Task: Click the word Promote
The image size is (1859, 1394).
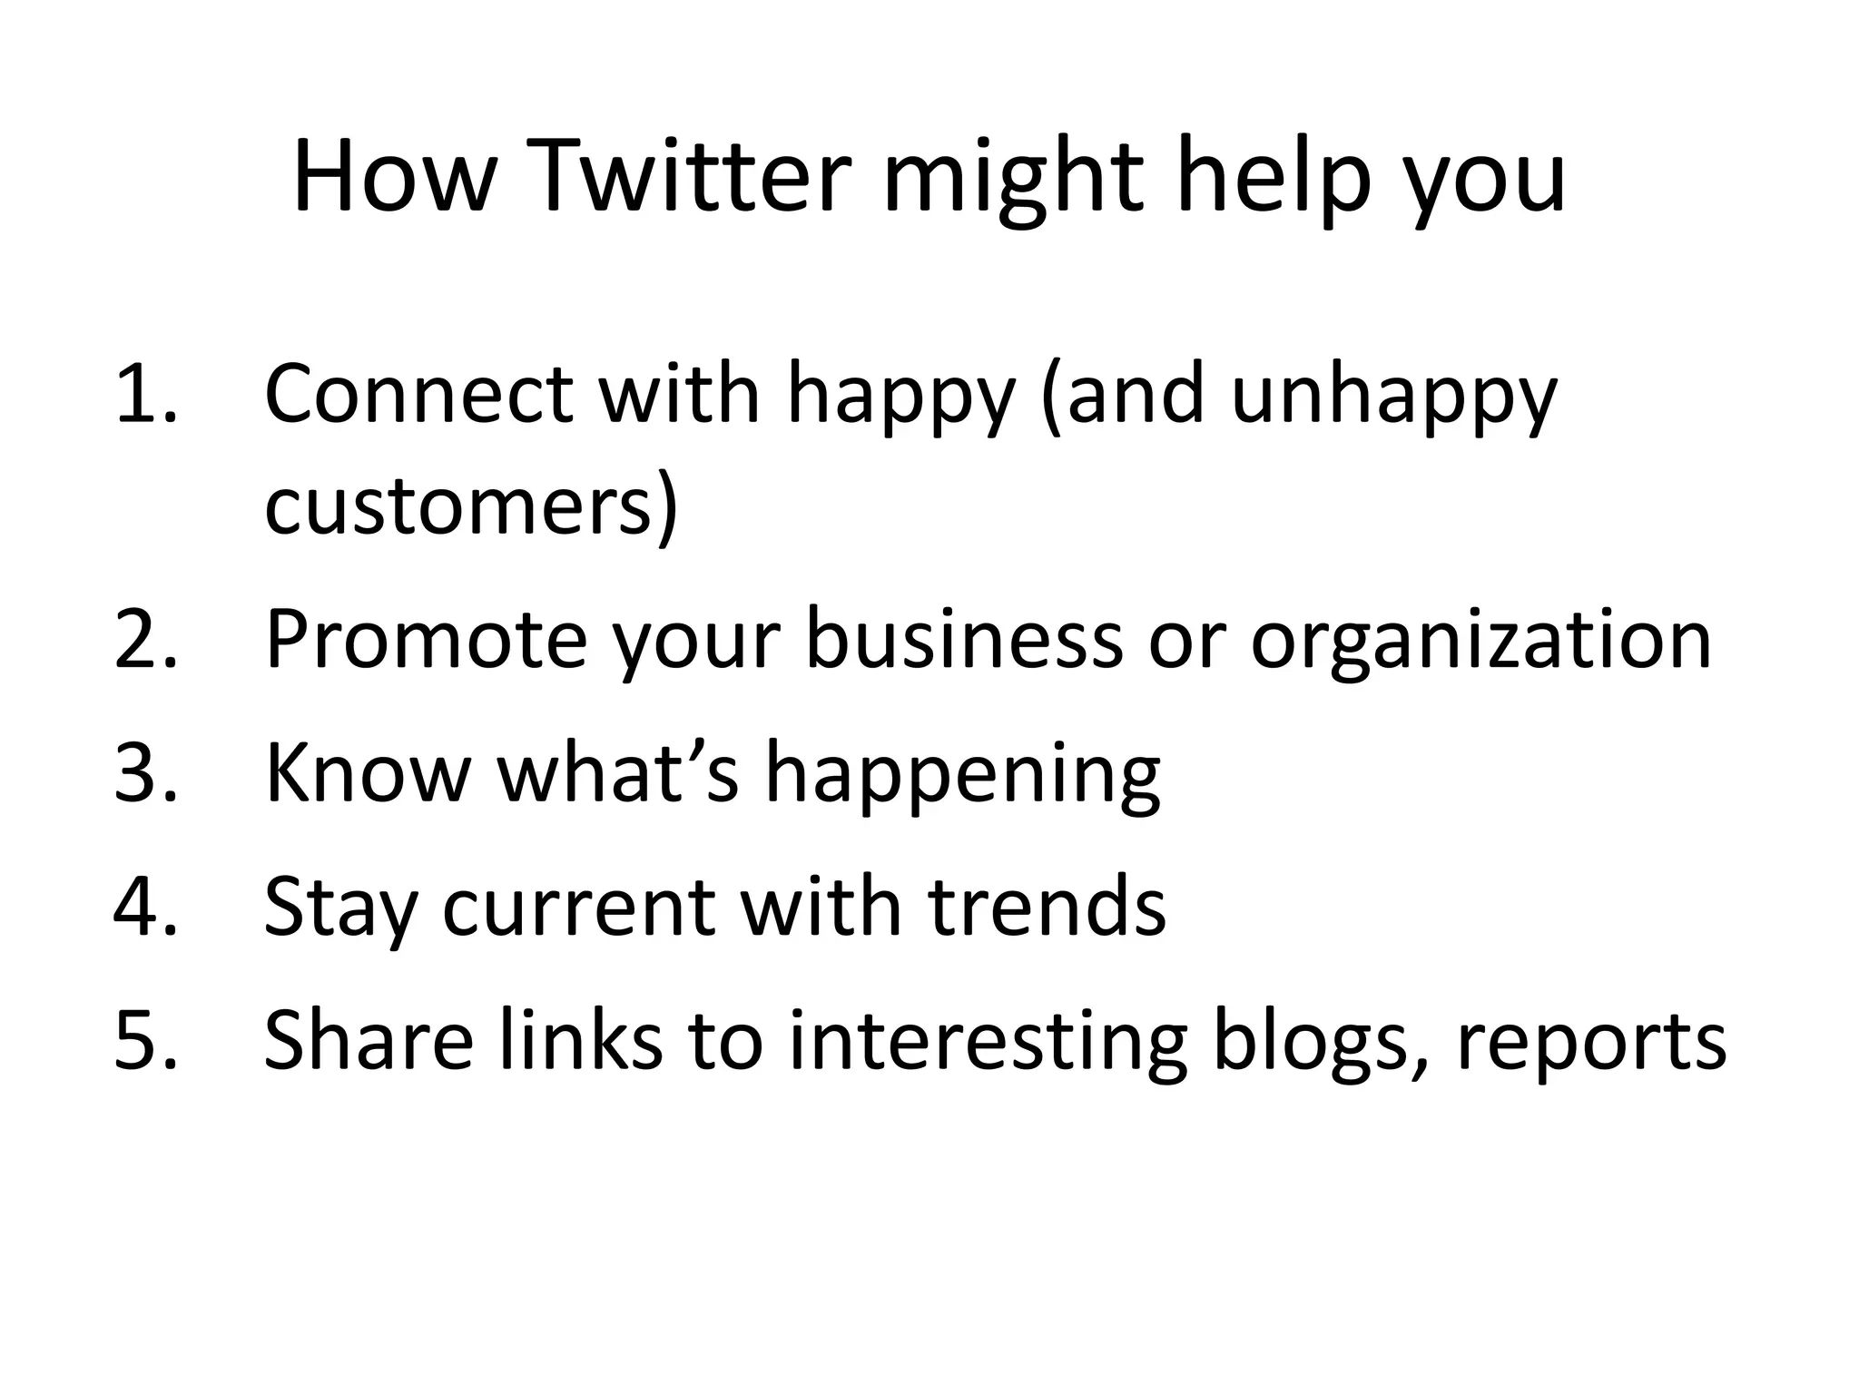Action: point(426,639)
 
